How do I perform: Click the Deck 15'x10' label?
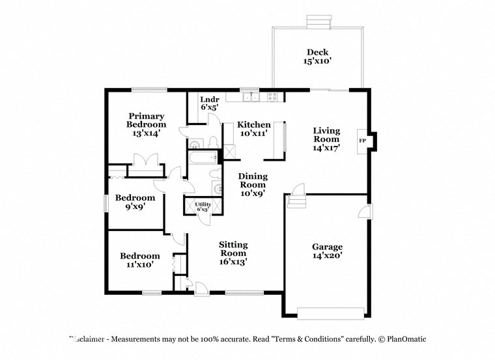click(318, 57)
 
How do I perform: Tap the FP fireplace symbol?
click(362, 140)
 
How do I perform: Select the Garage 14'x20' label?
click(327, 251)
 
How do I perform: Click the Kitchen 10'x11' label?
click(253, 129)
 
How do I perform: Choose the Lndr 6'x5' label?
click(209, 103)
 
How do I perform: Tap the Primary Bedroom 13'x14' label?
click(146, 124)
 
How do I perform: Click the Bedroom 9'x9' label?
click(135, 202)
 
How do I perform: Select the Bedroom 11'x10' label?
click(139, 260)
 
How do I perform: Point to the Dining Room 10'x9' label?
click(253, 184)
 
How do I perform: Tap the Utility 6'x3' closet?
click(202, 207)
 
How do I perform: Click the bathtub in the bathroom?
click(202, 157)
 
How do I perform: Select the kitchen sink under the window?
click(250, 98)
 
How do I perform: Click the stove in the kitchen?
click(272, 98)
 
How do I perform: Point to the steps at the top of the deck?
click(318, 21)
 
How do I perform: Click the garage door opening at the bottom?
click(330, 312)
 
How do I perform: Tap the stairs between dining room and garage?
click(296, 198)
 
